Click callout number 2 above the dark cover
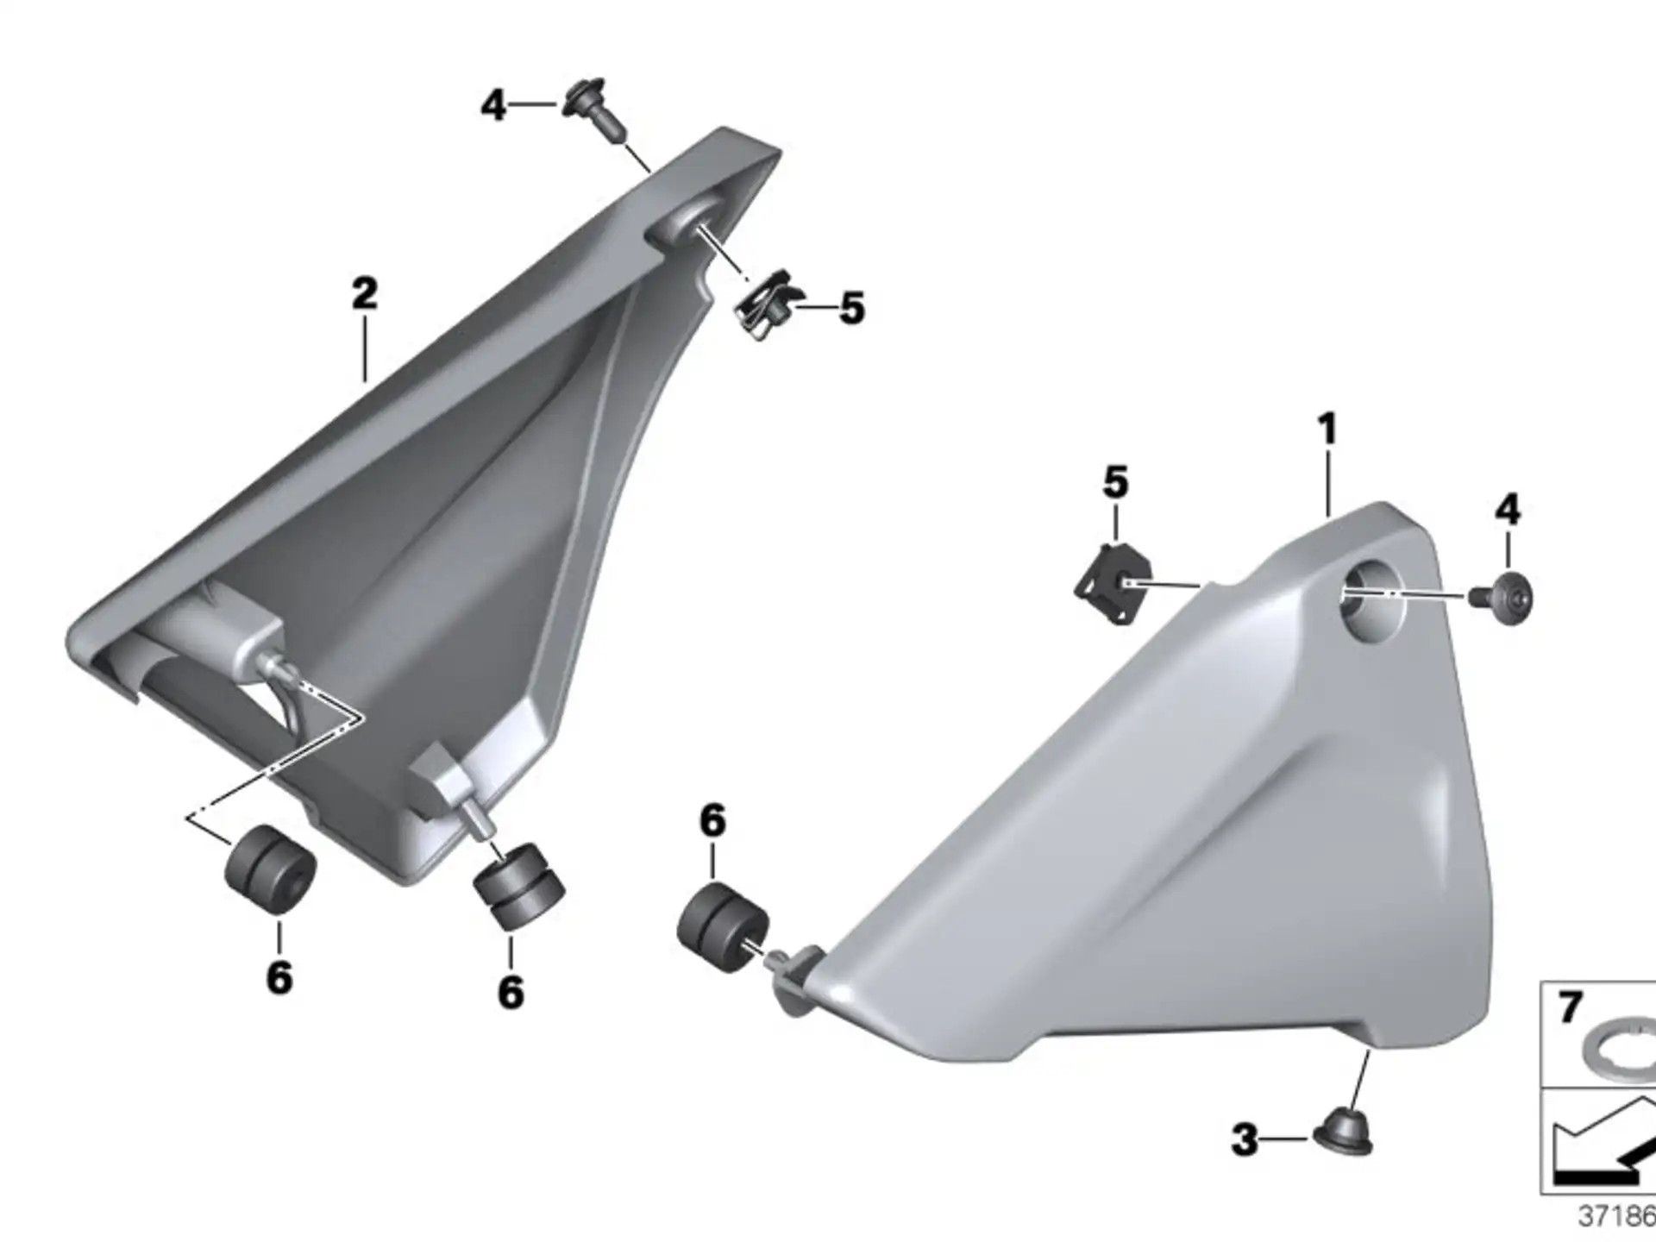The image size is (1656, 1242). click(365, 294)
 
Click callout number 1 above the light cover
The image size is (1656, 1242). click(1327, 429)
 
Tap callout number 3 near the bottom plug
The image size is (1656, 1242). click(1245, 1139)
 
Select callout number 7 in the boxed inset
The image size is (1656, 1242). click(1570, 1007)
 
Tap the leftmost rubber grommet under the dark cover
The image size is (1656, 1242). click(269, 869)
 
